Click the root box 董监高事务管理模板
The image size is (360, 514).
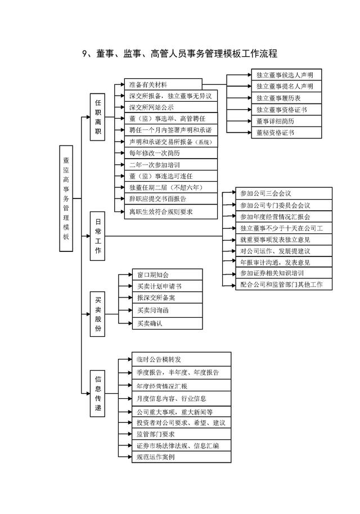66,199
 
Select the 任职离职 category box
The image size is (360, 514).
98,117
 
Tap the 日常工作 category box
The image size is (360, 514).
98,236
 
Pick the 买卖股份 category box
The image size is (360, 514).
98,314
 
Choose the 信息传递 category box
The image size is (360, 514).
98,393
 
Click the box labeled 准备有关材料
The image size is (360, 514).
163,84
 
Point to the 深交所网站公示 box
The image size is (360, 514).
171,107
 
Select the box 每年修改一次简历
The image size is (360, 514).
171,153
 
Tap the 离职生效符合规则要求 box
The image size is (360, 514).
171,212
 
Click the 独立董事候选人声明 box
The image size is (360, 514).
286,75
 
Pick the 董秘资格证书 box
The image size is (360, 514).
286,132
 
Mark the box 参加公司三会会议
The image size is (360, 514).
284,193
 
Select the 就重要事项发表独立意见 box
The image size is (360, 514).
284,240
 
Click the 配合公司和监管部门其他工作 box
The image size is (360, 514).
284,284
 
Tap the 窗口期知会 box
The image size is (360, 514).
167,274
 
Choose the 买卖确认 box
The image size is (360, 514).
167,323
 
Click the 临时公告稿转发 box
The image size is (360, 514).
182,359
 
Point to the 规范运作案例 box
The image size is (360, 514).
182,457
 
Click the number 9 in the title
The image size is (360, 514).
84,53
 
